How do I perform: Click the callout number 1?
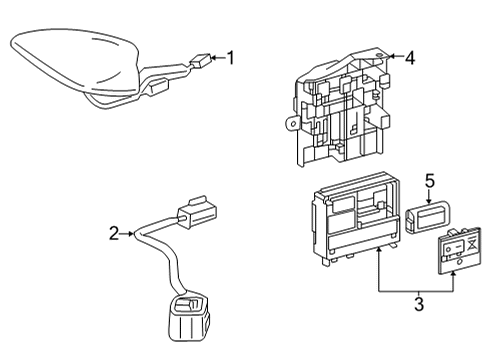[x=231, y=59]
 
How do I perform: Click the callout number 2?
[x=114, y=234]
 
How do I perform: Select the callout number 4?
[x=410, y=57]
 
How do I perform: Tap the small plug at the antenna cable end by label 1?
[x=203, y=59]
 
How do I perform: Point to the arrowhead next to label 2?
[x=130, y=235]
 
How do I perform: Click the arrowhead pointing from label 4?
[x=392, y=57]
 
